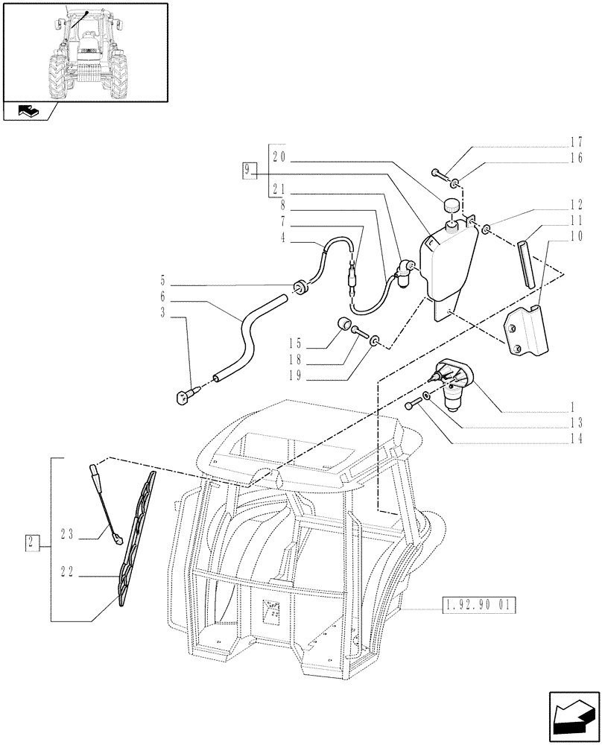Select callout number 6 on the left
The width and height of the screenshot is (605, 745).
click(163, 296)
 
